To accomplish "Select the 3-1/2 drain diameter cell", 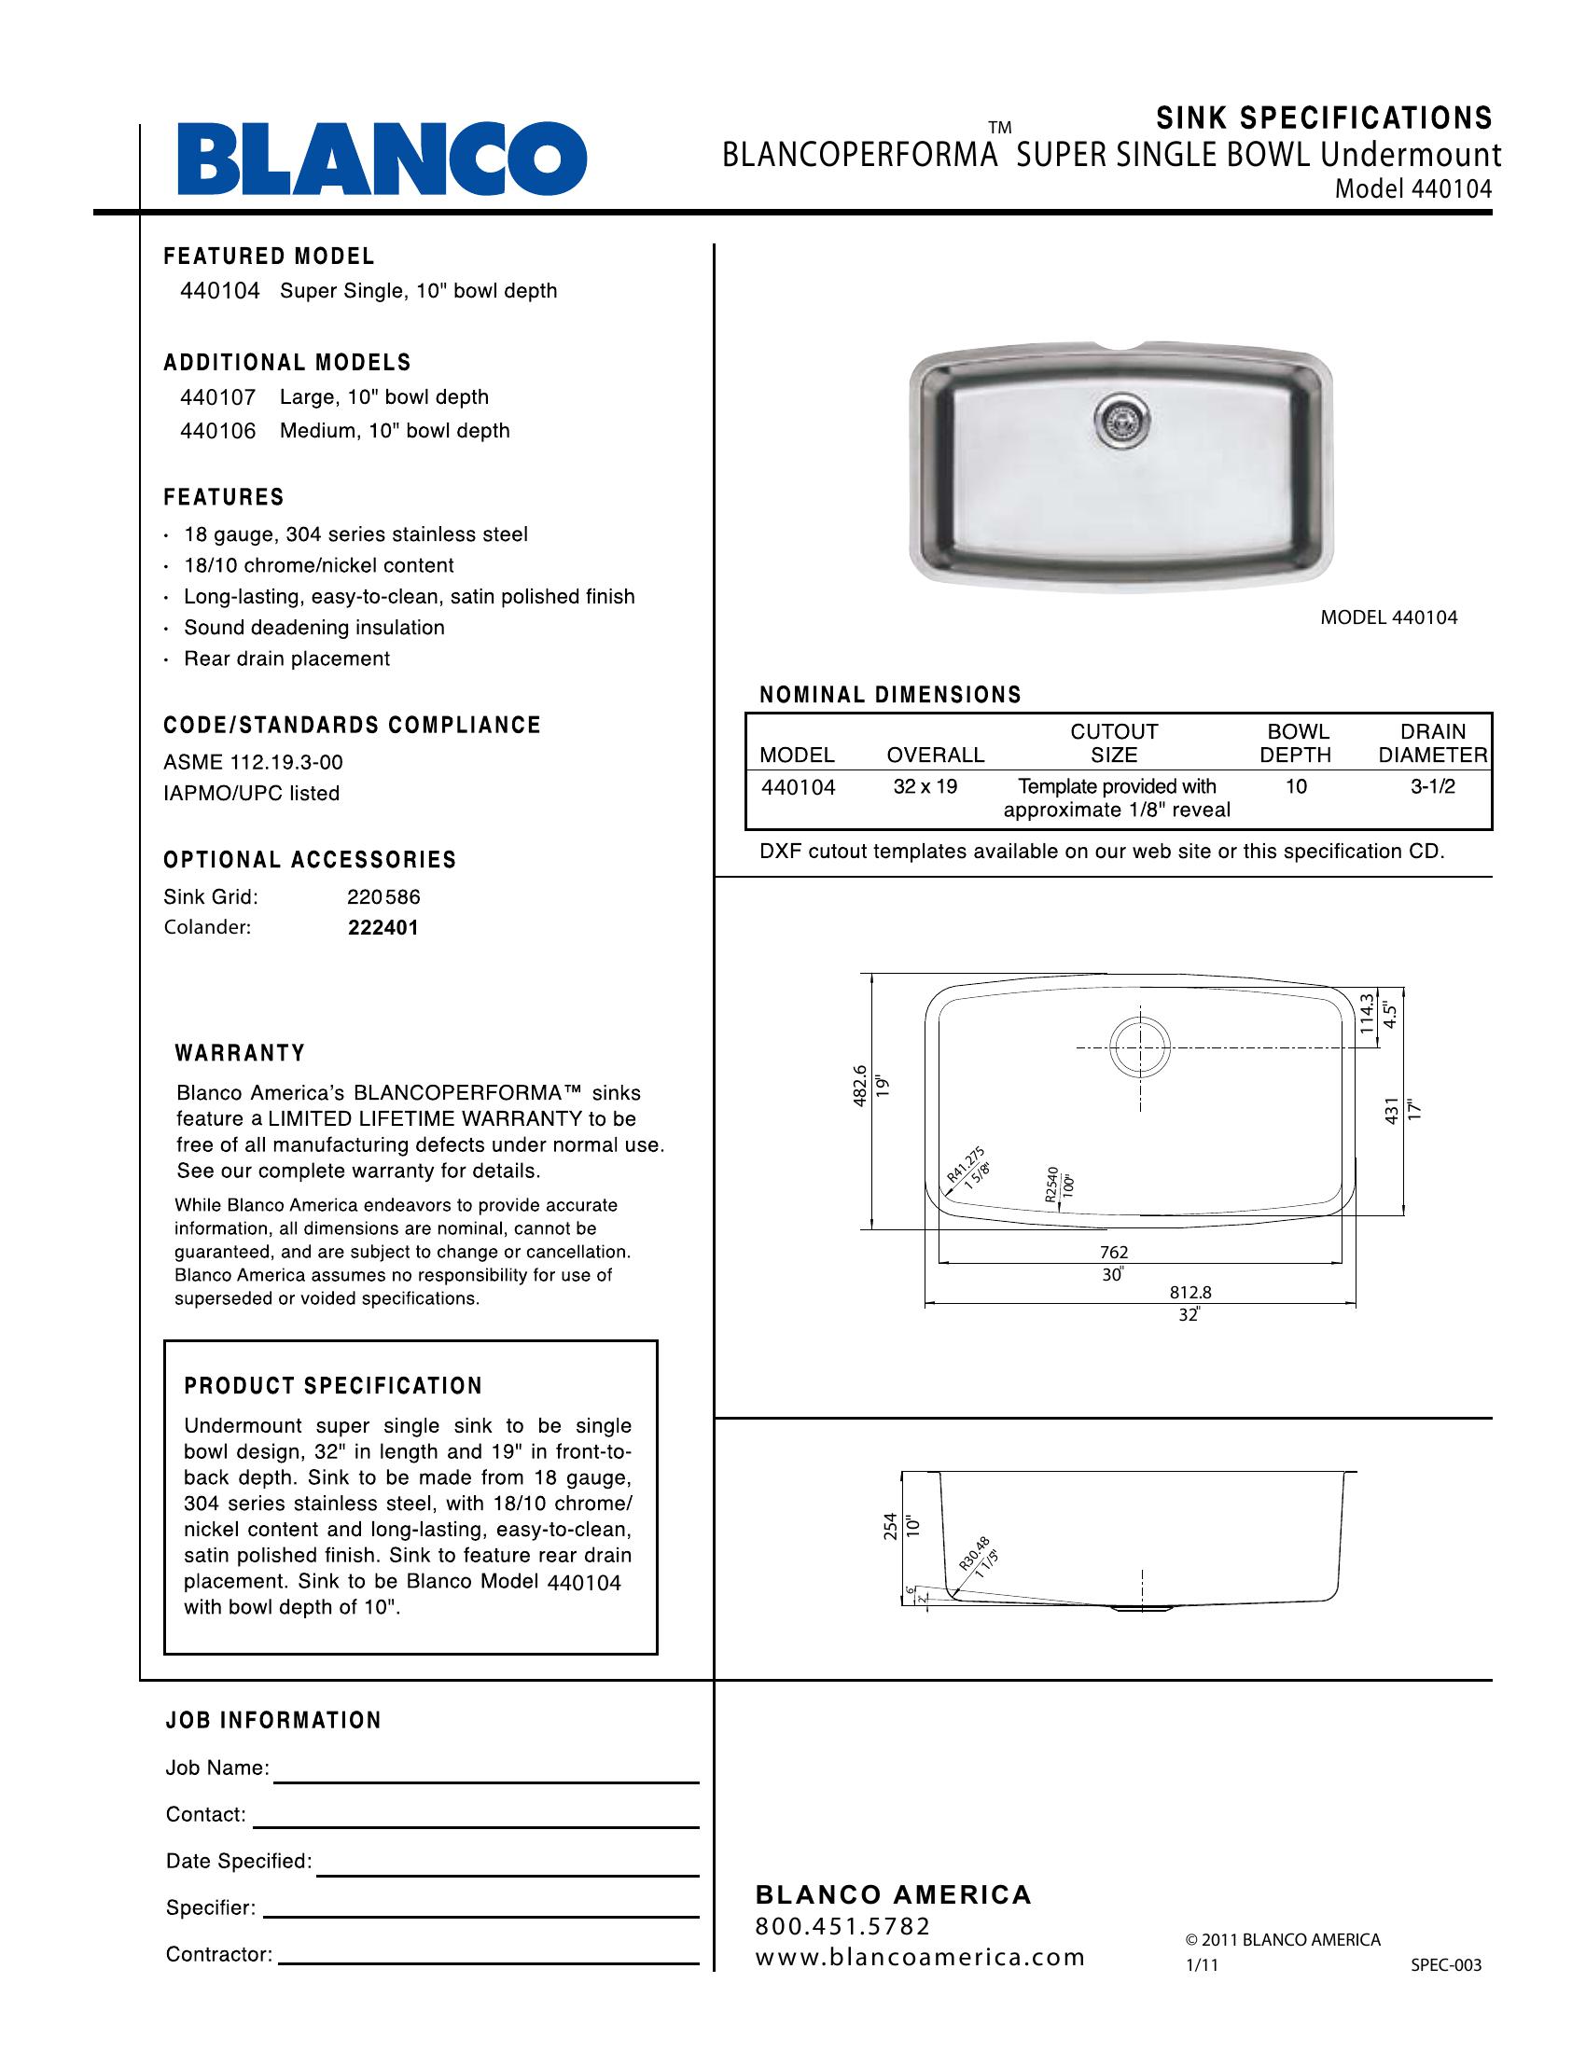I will click(x=1432, y=787).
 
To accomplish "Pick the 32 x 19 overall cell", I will click(x=925, y=786).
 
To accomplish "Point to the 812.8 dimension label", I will click(x=1189, y=1293).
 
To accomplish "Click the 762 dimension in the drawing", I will click(x=1113, y=1253).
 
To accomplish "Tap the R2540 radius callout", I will click(x=1051, y=1185).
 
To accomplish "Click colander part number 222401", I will click(x=383, y=927).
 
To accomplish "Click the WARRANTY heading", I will click(x=241, y=1053).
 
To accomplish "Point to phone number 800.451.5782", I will click(x=842, y=1927).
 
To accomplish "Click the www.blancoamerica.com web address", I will click(x=921, y=1957).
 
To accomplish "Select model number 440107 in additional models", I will click(x=218, y=397).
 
